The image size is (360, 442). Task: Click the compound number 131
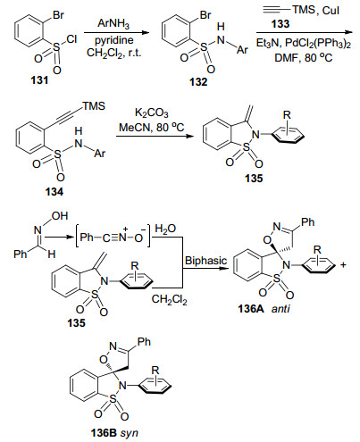pyautogui.click(x=39, y=79)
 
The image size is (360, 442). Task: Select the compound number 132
pyautogui.click(x=198, y=81)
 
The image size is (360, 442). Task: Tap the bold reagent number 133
pyautogui.click(x=280, y=24)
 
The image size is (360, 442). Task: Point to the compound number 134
pyautogui.click(x=54, y=192)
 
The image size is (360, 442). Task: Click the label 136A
pyautogui.click(x=251, y=309)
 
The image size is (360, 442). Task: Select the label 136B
pyautogui.click(x=104, y=432)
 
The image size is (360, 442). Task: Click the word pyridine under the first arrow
pyautogui.click(x=114, y=40)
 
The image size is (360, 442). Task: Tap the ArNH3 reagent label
pyautogui.click(x=113, y=24)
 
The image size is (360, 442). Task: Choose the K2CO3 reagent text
pyautogui.click(x=152, y=113)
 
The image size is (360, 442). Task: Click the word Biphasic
pyautogui.click(x=205, y=261)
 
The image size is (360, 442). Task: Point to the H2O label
pyautogui.click(x=165, y=229)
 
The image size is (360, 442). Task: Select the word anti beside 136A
pyautogui.click(x=280, y=309)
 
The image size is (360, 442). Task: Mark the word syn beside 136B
pyautogui.click(x=130, y=433)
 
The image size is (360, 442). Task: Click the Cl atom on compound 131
pyautogui.click(x=71, y=39)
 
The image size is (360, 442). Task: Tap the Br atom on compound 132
pyautogui.click(x=205, y=15)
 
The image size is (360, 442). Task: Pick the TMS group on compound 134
pyautogui.click(x=94, y=106)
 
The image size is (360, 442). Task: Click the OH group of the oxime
pyautogui.click(x=60, y=216)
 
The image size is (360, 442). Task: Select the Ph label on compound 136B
pyautogui.click(x=144, y=342)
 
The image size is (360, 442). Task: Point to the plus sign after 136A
pyautogui.click(x=343, y=264)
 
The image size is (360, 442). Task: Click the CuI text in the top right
pyautogui.click(x=331, y=11)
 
